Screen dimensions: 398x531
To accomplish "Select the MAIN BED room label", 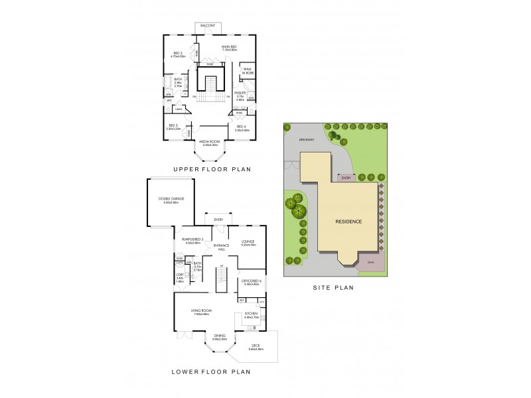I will [x=230, y=47].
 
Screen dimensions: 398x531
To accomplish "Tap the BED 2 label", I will [x=178, y=55].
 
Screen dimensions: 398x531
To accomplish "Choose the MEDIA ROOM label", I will [x=210, y=143].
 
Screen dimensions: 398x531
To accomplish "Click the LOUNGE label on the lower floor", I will [x=248, y=243].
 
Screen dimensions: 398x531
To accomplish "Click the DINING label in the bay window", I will [x=220, y=337].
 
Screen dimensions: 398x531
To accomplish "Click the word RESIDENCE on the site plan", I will [x=348, y=221].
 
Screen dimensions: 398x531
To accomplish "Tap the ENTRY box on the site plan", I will [x=344, y=178].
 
